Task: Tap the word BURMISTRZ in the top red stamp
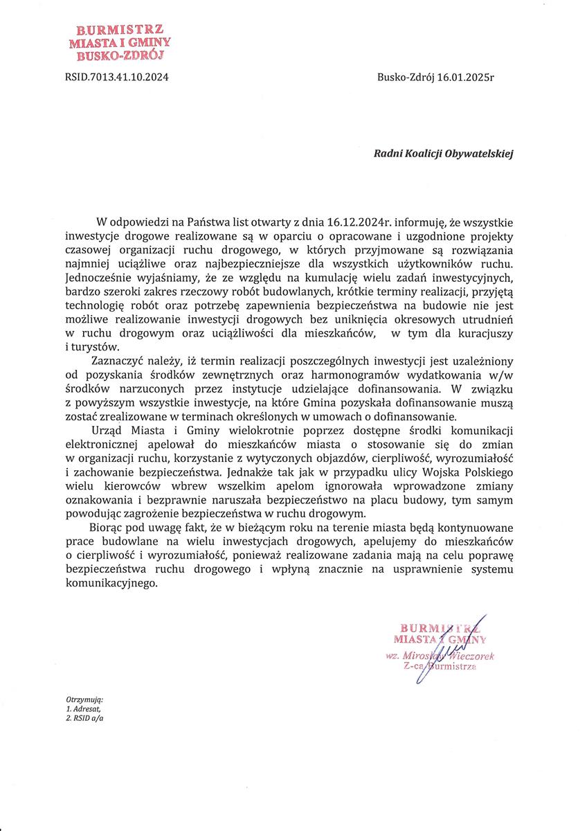120,30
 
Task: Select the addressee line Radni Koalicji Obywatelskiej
444,154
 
